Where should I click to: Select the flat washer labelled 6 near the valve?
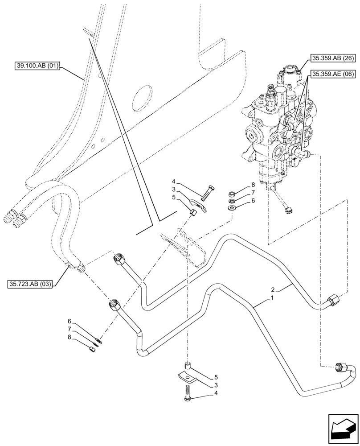click(232, 208)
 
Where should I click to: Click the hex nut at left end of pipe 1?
click(114, 306)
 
